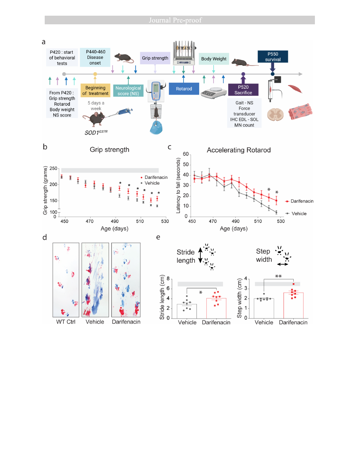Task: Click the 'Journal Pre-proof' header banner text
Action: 180,20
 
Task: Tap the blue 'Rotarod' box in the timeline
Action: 184,89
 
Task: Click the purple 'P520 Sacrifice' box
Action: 243,90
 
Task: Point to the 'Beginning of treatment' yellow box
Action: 95,90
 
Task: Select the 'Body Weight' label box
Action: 214,59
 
